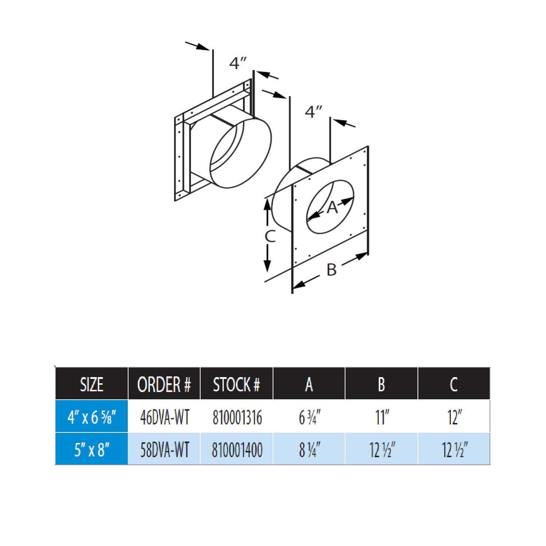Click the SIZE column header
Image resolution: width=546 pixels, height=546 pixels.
coord(91,384)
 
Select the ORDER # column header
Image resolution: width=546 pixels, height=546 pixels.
coord(164,384)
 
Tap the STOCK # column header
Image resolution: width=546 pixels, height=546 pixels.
coord(236,384)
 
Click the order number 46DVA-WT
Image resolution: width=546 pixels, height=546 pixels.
coord(165,417)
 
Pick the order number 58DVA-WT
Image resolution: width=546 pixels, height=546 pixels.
coord(165,450)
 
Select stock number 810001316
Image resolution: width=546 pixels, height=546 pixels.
coord(237,417)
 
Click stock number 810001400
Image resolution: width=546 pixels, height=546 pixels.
coord(237,450)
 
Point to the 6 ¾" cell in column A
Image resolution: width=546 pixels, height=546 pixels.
coord(309,417)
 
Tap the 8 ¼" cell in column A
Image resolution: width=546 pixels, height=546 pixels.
coord(309,450)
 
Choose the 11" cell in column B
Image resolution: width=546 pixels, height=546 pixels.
coord(381,417)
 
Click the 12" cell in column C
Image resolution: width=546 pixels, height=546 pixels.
coord(454,417)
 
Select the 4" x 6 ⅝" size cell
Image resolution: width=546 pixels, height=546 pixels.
coord(91,417)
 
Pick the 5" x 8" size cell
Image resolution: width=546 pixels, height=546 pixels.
coord(91,450)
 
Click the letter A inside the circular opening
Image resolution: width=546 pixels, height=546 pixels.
coord(332,207)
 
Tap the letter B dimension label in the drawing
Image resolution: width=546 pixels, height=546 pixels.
coord(331,270)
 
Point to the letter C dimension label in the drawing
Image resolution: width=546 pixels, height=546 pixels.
coord(270,236)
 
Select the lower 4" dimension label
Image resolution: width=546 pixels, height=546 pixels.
coord(314,112)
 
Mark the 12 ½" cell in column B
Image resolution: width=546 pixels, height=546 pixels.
coord(381,450)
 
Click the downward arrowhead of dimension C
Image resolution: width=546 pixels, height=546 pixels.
coord(268,266)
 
